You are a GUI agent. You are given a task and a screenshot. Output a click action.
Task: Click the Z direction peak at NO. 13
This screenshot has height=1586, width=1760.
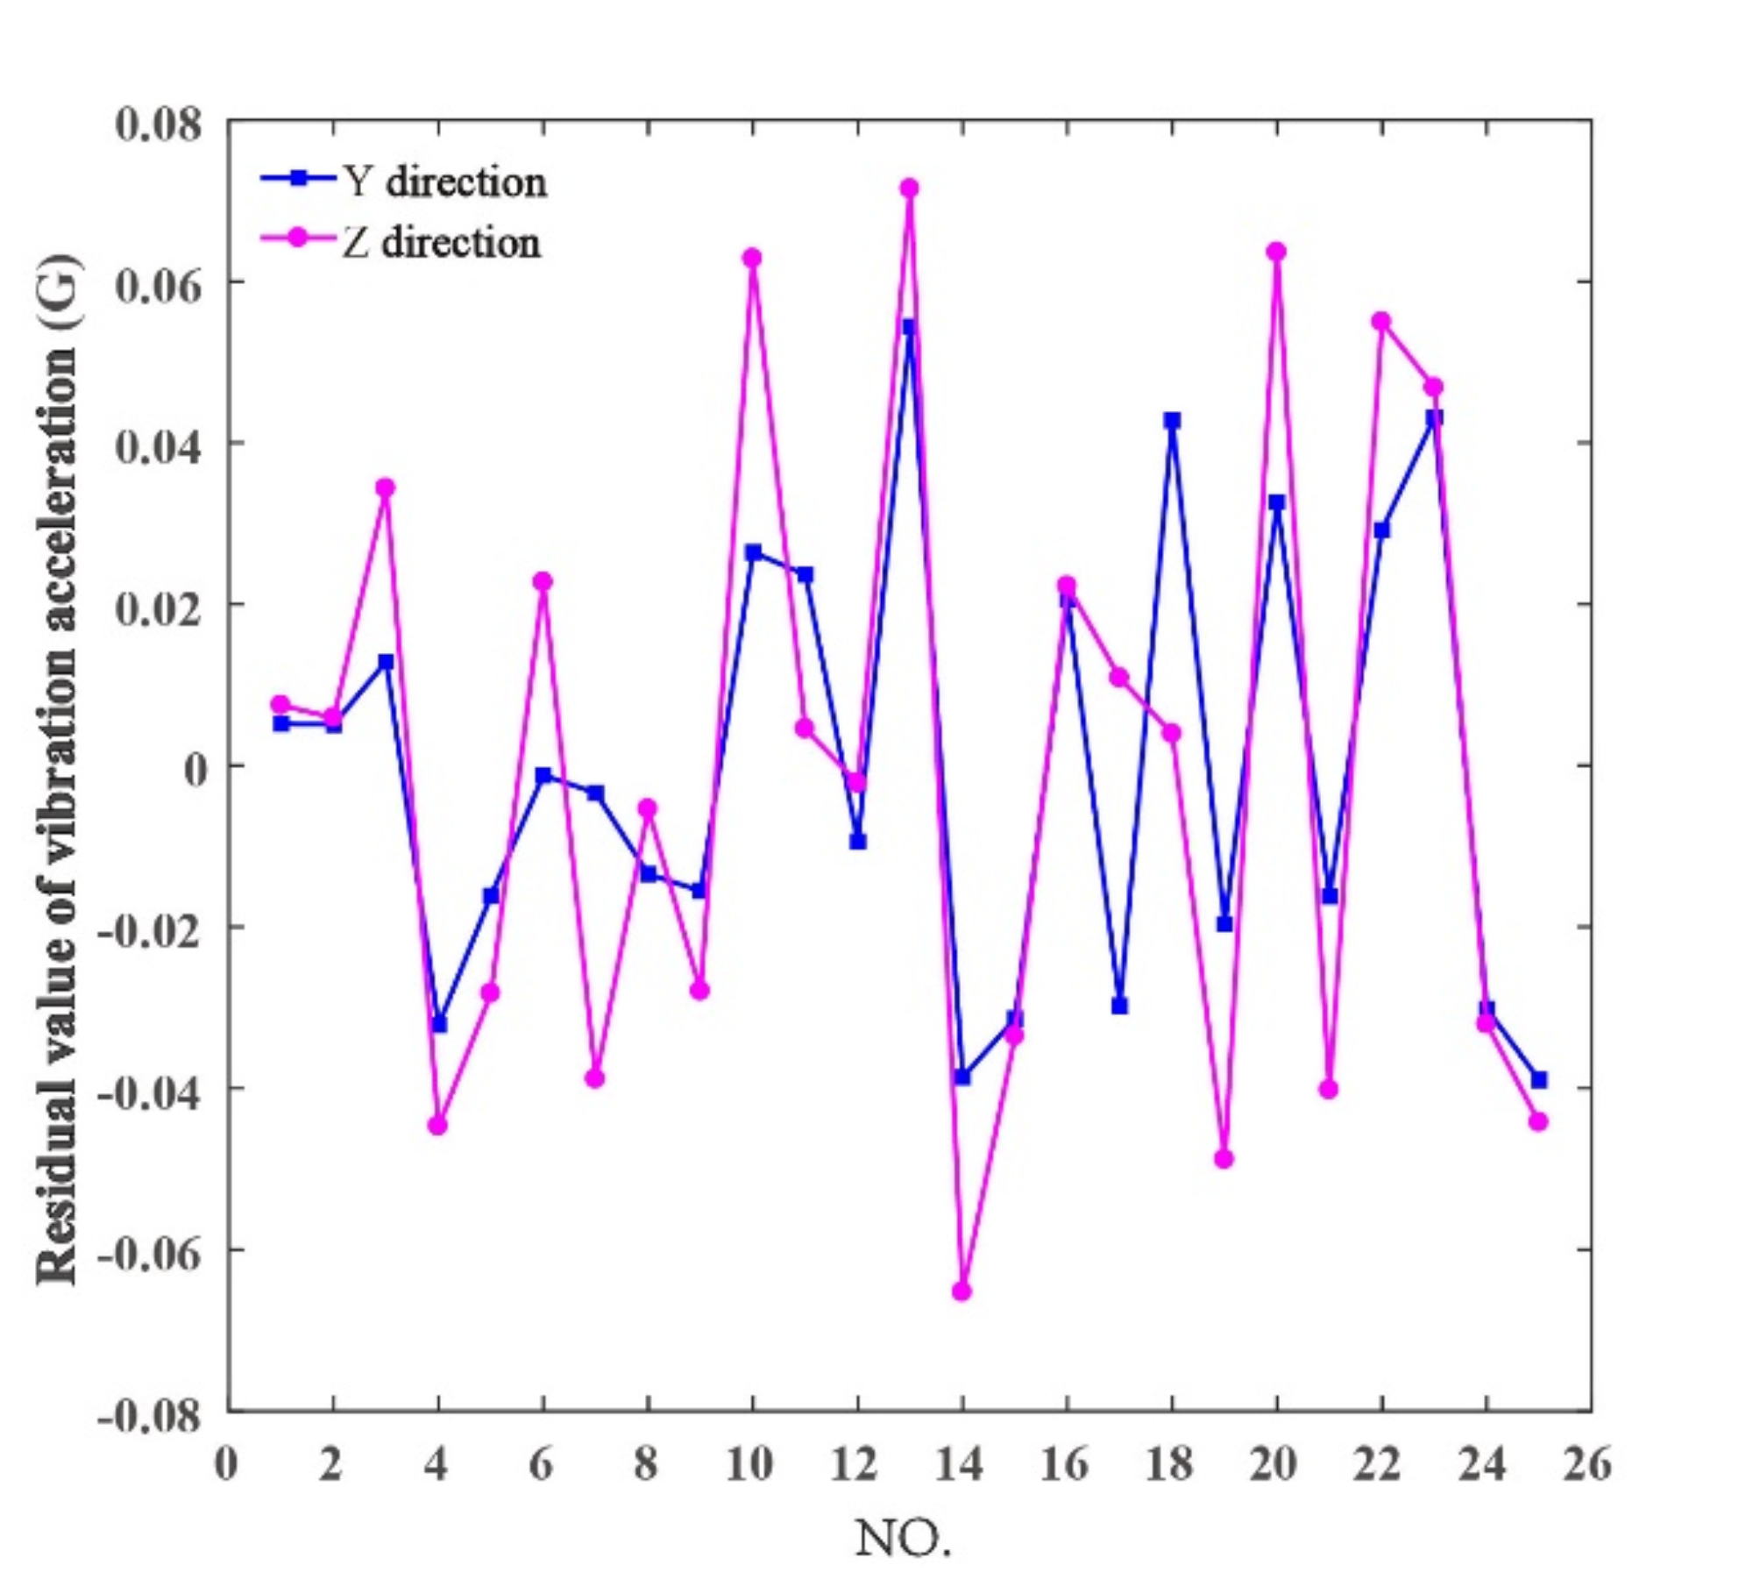(x=909, y=188)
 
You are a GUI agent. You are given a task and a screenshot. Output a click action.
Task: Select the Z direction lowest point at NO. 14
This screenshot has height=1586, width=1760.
(x=962, y=1291)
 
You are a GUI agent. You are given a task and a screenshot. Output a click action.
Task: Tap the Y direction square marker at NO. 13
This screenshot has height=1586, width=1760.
(x=909, y=327)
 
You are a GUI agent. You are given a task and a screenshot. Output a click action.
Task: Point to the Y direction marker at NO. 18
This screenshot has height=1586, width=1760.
(x=1172, y=420)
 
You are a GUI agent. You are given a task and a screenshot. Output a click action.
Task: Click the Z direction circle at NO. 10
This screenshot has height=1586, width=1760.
(x=752, y=258)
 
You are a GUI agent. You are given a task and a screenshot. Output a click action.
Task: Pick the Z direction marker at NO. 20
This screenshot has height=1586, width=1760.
(x=1276, y=252)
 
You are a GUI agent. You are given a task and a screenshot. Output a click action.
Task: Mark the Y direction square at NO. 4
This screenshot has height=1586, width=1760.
(x=439, y=1024)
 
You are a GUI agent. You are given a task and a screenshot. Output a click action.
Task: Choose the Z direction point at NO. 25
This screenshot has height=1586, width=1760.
(x=1538, y=1121)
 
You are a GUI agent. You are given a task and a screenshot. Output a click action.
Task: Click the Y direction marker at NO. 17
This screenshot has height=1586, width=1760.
(x=1119, y=1006)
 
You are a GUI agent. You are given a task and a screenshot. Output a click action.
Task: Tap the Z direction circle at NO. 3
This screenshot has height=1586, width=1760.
(x=386, y=487)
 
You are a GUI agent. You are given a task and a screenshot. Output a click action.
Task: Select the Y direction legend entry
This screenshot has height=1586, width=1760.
(x=403, y=181)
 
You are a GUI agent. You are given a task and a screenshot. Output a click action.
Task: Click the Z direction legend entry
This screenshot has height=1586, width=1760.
(x=401, y=241)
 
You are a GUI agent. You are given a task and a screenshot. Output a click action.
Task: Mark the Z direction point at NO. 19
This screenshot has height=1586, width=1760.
(x=1224, y=1159)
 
